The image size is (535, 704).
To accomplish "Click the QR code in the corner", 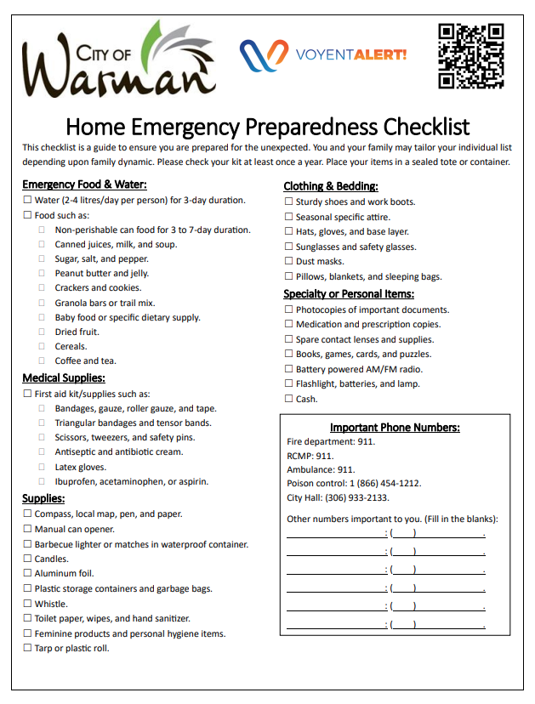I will (470, 56).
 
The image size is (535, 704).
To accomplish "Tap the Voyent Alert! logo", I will (323, 55).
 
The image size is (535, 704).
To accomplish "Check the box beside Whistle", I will (27, 605).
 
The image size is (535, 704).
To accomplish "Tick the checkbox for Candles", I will (27, 559).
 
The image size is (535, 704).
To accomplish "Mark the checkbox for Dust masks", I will (288, 262).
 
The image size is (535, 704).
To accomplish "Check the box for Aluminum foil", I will (27, 574).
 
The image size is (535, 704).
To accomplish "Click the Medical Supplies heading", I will (64, 378).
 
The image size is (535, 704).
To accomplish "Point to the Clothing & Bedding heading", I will (330, 186).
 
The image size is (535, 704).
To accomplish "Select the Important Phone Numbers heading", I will (395, 428).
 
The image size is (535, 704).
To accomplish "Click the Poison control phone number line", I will (354, 483).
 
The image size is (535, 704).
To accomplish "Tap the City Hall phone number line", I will (338, 498).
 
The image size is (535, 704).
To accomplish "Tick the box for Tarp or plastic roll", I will (27, 649).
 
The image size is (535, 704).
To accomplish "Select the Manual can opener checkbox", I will (27, 530).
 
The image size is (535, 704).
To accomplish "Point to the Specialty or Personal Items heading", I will (349, 294).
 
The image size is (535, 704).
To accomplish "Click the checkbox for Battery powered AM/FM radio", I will (288, 370).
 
